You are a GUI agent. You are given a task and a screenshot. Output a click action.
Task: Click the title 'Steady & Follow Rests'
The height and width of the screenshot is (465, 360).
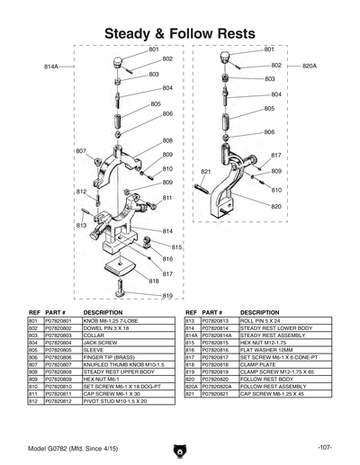click(180, 33)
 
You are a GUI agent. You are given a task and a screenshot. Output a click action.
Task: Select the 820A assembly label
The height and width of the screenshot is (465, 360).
click(310, 67)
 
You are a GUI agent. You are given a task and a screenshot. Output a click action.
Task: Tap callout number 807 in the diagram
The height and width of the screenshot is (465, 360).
click(81, 150)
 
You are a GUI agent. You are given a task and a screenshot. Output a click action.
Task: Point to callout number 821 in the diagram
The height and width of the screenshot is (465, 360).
click(206, 171)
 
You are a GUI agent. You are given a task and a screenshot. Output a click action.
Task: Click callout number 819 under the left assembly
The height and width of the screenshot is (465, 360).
click(167, 296)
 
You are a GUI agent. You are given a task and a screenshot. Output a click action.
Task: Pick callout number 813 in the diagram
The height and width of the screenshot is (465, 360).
click(81, 226)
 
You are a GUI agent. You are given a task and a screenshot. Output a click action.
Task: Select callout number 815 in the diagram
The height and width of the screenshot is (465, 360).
click(177, 246)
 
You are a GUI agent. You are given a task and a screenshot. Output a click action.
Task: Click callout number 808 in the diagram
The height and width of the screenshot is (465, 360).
click(167, 140)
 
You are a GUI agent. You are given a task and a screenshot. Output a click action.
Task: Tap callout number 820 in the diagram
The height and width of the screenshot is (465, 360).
click(276, 207)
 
